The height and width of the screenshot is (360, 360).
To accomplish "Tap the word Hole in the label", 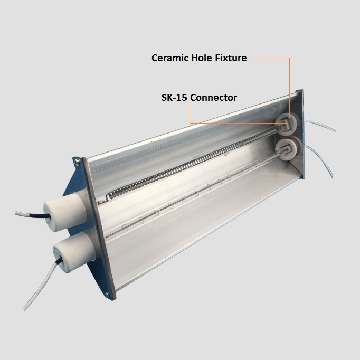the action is (202, 58).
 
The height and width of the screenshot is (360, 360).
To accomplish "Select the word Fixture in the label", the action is (231, 58).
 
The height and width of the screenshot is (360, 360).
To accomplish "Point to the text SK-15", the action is (174, 98).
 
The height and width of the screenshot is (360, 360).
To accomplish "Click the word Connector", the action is (214, 98).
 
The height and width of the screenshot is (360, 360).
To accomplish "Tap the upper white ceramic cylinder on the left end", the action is (64, 213).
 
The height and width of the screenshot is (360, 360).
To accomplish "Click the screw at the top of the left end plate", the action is (78, 162).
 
